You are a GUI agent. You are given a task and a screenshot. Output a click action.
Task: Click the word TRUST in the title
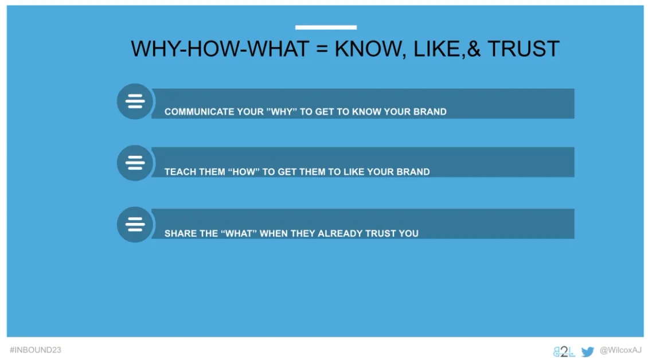tap(524, 49)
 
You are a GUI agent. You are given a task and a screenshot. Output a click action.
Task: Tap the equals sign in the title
tap(322, 49)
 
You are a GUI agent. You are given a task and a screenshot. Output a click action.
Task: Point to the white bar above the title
tap(326, 28)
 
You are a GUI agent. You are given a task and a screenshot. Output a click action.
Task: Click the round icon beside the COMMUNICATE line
tap(135, 101)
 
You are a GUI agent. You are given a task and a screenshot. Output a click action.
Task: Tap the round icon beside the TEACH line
tap(135, 163)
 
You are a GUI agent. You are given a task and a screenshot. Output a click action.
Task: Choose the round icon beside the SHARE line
tap(135, 225)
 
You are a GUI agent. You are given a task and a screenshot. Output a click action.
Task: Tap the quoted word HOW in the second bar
tap(244, 172)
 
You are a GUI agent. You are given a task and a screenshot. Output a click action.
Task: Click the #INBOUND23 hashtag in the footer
tap(36, 350)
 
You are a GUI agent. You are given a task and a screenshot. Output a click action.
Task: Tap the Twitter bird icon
tap(587, 352)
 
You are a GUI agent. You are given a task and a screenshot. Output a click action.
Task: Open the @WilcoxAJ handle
tap(620, 350)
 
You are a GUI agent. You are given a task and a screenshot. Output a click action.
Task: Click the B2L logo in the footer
tap(564, 352)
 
